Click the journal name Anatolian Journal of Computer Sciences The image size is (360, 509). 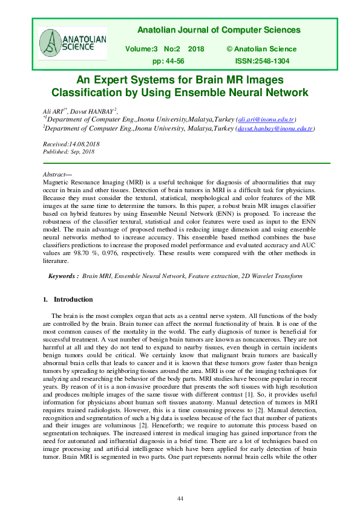click(219, 30)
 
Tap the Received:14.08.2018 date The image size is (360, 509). click(71, 144)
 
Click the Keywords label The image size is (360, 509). click(64, 276)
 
